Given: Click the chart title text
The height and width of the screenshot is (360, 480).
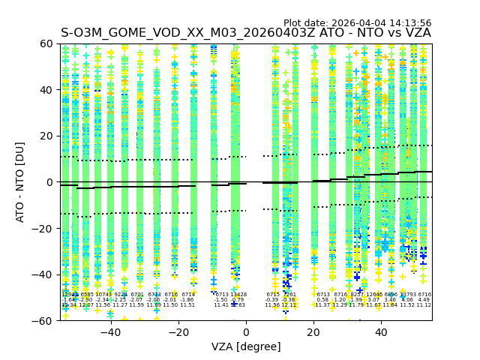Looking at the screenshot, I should (x=246, y=33).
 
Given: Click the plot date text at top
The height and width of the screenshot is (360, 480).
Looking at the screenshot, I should (x=357, y=23).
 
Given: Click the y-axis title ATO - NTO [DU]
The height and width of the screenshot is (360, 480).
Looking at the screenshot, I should (x=20, y=182).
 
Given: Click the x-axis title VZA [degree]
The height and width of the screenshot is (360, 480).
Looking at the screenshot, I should (x=246, y=346).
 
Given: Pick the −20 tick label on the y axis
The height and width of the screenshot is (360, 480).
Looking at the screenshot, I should (x=45, y=228).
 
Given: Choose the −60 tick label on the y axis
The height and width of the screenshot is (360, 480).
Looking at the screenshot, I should (x=45, y=320).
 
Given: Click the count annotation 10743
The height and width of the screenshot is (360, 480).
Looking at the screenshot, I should (x=103, y=295).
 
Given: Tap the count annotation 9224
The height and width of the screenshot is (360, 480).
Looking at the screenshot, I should (x=120, y=295).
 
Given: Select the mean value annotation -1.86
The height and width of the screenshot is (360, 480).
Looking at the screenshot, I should (x=187, y=300).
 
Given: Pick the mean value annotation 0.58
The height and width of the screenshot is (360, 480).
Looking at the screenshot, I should (x=322, y=300).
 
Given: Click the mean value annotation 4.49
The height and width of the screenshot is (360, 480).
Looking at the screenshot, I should (x=424, y=300).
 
